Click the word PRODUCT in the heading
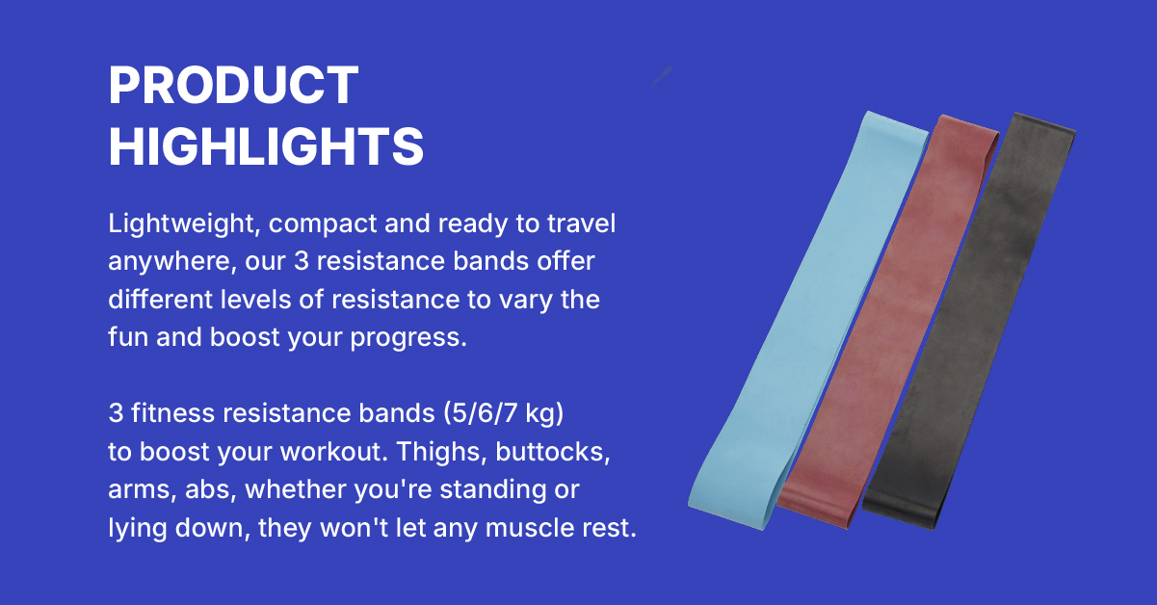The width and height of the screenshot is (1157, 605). click(x=233, y=85)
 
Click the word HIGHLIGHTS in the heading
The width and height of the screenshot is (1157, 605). click(x=266, y=146)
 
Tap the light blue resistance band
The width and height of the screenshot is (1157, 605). click(x=809, y=321)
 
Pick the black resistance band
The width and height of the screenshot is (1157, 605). click(x=969, y=321)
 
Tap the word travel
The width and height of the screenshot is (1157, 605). click(x=581, y=224)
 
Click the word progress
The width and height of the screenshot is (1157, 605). click(x=408, y=338)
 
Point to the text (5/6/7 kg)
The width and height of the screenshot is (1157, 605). click(x=503, y=413)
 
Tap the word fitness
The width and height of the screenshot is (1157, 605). click(x=172, y=413)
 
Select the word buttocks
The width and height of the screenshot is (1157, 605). click(x=553, y=452)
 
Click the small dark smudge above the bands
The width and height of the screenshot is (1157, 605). click(x=662, y=76)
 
